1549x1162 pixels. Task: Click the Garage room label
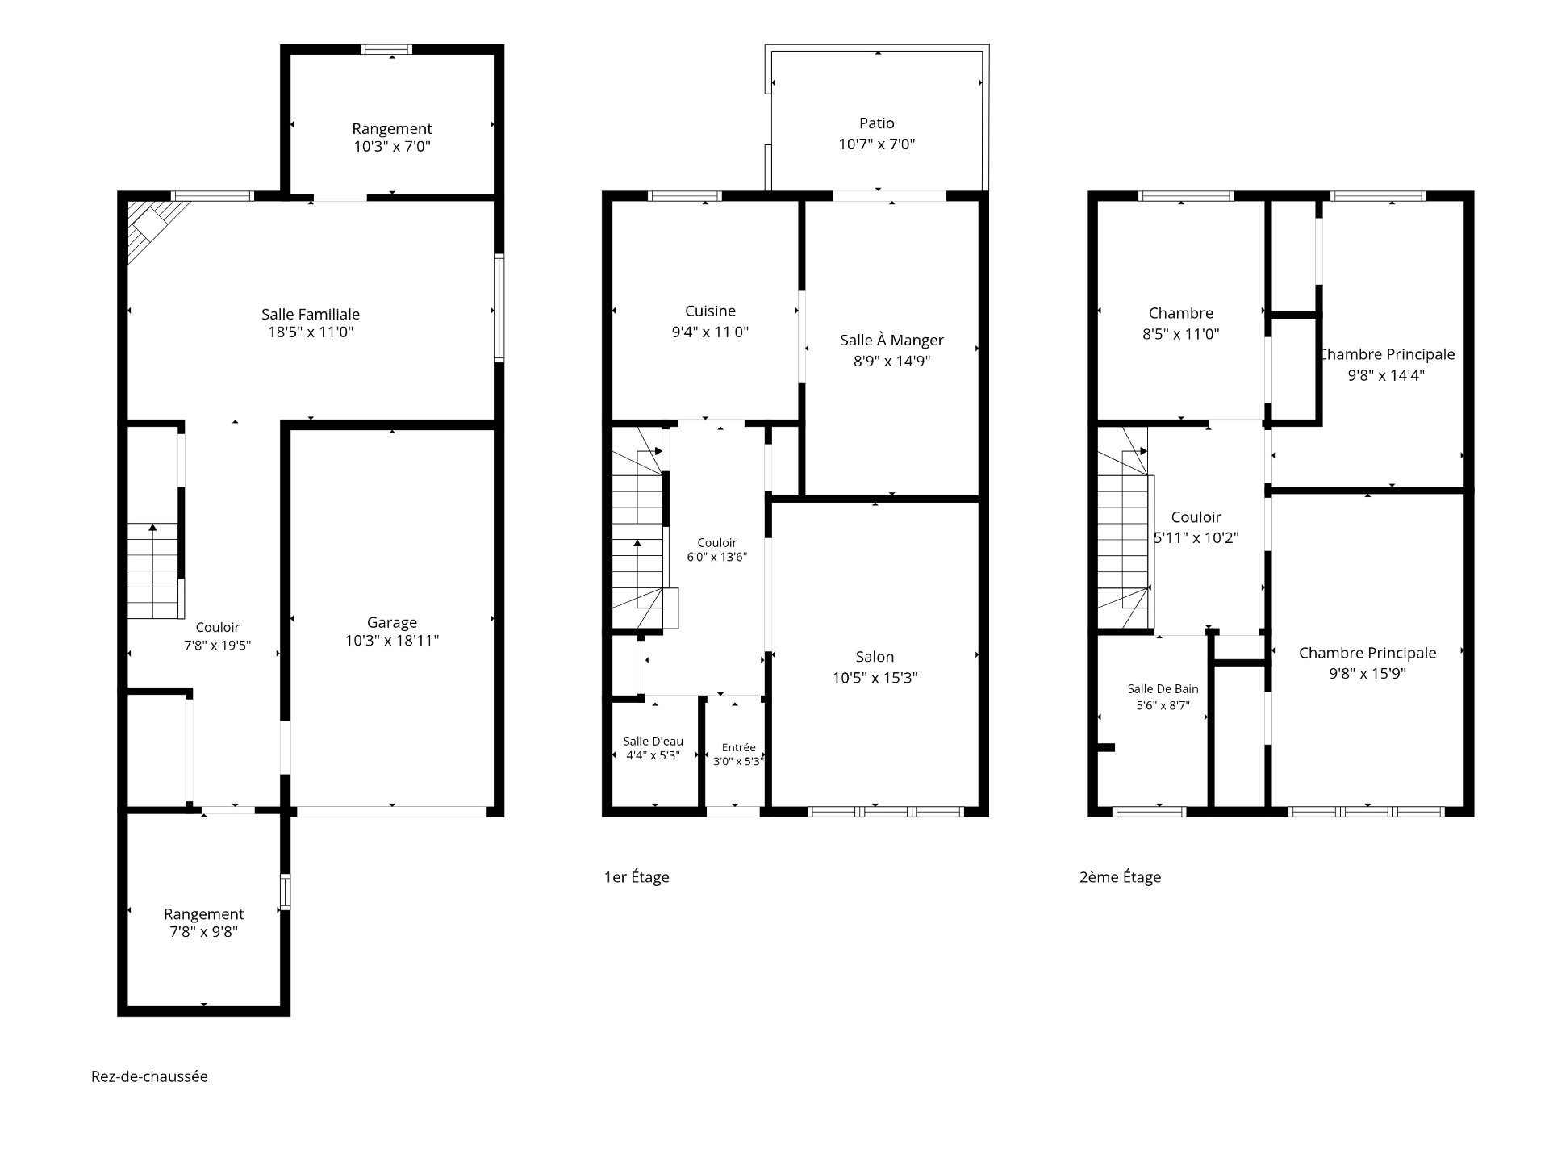click(x=392, y=622)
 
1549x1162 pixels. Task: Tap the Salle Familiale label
click(x=311, y=314)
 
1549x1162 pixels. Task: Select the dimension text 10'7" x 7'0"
click(x=877, y=144)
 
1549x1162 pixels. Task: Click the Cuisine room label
click(x=710, y=311)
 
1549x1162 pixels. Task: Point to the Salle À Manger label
click(x=891, y=341)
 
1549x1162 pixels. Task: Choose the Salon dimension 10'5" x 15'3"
click(x=875, y=678)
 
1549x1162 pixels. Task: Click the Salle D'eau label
click(x=653, y=742)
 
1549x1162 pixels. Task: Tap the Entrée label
click(x=739, y=747)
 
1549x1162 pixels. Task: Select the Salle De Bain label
click(x=1163, y=688)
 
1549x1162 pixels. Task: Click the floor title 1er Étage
click(x=637, y=877)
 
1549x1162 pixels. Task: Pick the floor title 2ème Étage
click(x=1121, y=877)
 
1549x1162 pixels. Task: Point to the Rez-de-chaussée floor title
click(x=149, y=1076)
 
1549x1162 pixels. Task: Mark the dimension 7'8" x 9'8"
click(x=203, y=932)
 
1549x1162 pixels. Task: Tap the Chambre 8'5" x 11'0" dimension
click(x=1180, y=334)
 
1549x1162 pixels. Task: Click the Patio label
click(x=877, y=123)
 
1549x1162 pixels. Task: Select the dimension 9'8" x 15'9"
click(x=1367, y=674)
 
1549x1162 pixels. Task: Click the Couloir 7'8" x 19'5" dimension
click(x=218, y=645)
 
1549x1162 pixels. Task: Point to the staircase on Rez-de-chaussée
click(x=153, y=571)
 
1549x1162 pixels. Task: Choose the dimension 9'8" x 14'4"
click(x=1386, y=375)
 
